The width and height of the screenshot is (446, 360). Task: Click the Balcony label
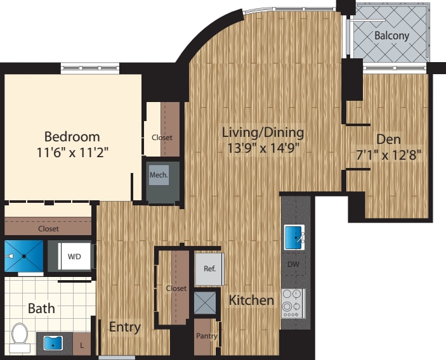[x=391, y=35]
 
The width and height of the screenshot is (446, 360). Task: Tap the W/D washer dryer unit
[x=75, y=257]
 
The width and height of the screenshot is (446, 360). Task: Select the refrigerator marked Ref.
[x=209, y=268]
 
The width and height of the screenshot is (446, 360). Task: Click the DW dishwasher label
[x=293, y=264]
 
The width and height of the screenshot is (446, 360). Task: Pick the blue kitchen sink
[x=294, y=237]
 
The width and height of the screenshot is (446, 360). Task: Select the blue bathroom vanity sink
[x=53, y=344]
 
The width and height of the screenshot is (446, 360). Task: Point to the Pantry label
[x=206, y=336]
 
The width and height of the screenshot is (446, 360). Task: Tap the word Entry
[x=124, y=327]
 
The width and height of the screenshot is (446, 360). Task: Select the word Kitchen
[x=252, y=300]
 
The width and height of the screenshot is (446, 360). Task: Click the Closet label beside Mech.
[x=162, y=138]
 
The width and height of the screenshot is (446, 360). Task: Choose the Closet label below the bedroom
[x=48, y=229]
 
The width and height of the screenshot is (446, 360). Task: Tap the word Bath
[x=41, y=309]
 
